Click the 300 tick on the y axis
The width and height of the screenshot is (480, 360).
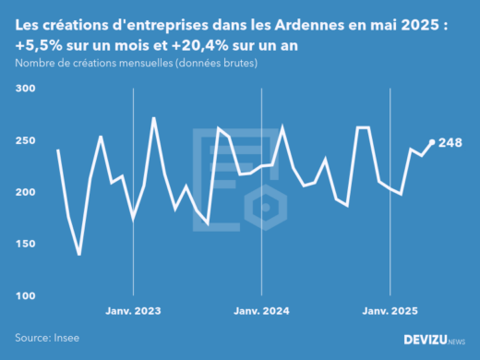[x=25, y=89]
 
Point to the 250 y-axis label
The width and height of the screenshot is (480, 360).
[x=25, y=140]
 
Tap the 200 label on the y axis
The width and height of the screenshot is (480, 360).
[x=25, y=192]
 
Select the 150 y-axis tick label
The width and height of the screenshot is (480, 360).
[x=25, y=244]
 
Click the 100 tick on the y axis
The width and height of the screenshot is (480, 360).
[x=25, y=295]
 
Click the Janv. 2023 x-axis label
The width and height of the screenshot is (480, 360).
[x=135, y=312]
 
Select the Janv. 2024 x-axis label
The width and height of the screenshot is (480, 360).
[x=263, y=312]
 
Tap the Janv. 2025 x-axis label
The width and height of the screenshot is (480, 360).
[x=390, y=312]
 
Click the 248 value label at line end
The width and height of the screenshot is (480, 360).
[x=450, y=142]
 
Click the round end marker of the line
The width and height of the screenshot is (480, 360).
[x=432, y=142]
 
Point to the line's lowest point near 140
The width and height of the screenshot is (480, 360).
[x=79, y=254]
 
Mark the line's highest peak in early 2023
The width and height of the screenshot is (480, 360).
[x=153, y=118]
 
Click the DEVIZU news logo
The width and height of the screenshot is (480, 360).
[x=434, y=340]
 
